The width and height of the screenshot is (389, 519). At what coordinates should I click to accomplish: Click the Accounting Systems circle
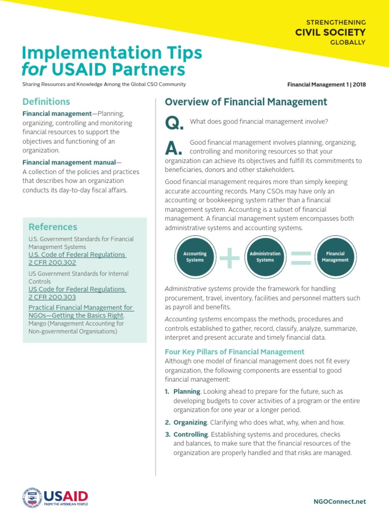194,257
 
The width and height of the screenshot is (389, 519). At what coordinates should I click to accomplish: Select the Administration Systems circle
265,257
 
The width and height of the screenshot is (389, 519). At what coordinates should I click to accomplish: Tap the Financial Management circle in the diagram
335,257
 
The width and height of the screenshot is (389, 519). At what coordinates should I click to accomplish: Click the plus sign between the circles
229,257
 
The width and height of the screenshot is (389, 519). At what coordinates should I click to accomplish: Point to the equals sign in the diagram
300,257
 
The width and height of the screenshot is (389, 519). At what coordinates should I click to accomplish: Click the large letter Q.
174,124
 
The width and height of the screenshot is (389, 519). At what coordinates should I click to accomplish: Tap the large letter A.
174,148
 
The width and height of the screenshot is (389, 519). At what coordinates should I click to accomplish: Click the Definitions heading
46,101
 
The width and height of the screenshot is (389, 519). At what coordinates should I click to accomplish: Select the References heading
53,227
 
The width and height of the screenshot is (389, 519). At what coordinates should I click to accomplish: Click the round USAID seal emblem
32,497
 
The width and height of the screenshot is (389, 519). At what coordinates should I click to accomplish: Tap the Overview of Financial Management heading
246,102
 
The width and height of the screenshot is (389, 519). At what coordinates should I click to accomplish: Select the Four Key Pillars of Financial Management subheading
235,351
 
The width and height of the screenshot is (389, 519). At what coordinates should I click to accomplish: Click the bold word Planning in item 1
187,392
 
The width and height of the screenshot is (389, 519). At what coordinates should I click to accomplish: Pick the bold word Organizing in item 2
190,422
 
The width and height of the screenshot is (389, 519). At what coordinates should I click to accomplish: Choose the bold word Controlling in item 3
190,434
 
